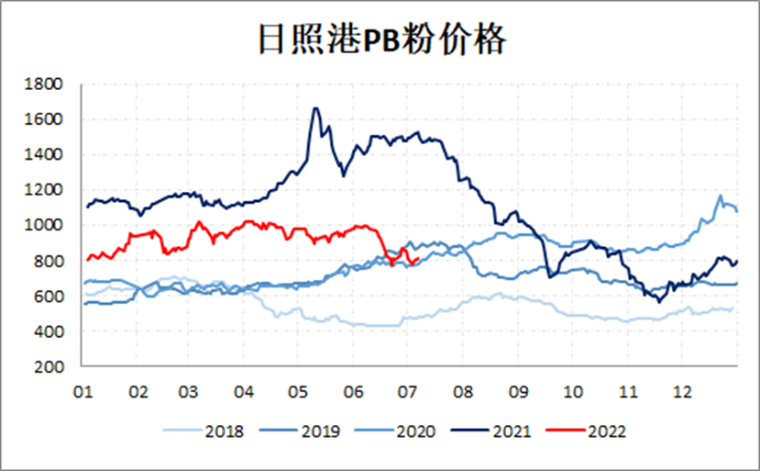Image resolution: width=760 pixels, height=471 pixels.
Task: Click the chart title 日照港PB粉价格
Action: [x=380, y=40]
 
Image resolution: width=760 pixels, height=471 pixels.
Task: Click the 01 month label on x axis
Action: [x=83, y=390]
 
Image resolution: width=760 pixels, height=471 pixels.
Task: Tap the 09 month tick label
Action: [x=520, y=390]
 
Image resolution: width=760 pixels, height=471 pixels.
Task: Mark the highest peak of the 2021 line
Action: [x=315, y=108]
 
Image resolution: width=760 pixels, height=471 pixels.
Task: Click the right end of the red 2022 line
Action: [x=419, y=259]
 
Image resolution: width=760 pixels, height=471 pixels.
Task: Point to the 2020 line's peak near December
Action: [x=720, y=196]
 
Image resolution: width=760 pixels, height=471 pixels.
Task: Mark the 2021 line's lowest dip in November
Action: [x=658, y=300]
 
